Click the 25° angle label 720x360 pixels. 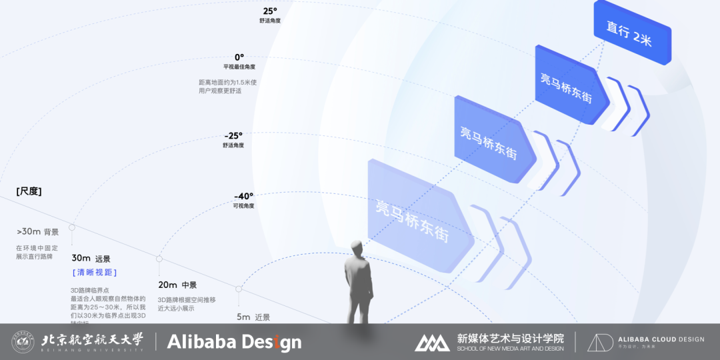point(269,11)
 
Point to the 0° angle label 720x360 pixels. point(239,57)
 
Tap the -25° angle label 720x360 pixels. point(234,135)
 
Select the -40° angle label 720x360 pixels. point(243,196)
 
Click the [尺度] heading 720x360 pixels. point(29,191)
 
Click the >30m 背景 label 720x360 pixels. point(38,232)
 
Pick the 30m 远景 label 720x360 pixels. point(91,258)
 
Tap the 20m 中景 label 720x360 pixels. point(177,285)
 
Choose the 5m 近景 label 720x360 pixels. point(254,317)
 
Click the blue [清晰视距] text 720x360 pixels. point(95,273)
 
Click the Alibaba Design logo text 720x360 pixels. point(234,343)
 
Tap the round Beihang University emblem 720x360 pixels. point(23,342)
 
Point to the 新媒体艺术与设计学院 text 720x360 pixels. point(510,338)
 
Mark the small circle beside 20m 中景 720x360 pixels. point(159,259)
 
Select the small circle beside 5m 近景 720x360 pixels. point(239,289)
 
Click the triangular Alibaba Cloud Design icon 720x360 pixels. point(600,342)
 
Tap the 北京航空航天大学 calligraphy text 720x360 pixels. point(92,340)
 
